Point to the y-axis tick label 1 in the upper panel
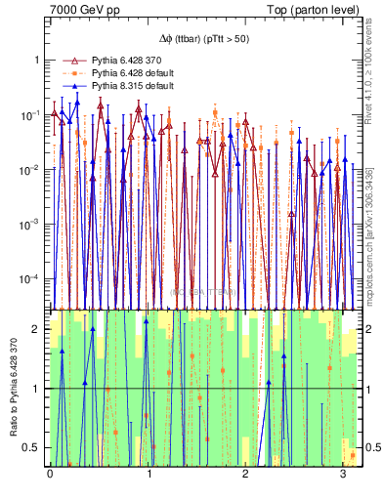coord(39,60)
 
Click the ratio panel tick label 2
coord(39,329)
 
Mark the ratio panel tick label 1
coord(39,389)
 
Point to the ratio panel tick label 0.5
coord(35,447)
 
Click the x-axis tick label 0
coord(50,475)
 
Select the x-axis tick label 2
coord(247,475)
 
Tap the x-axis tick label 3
coord(346,475)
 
